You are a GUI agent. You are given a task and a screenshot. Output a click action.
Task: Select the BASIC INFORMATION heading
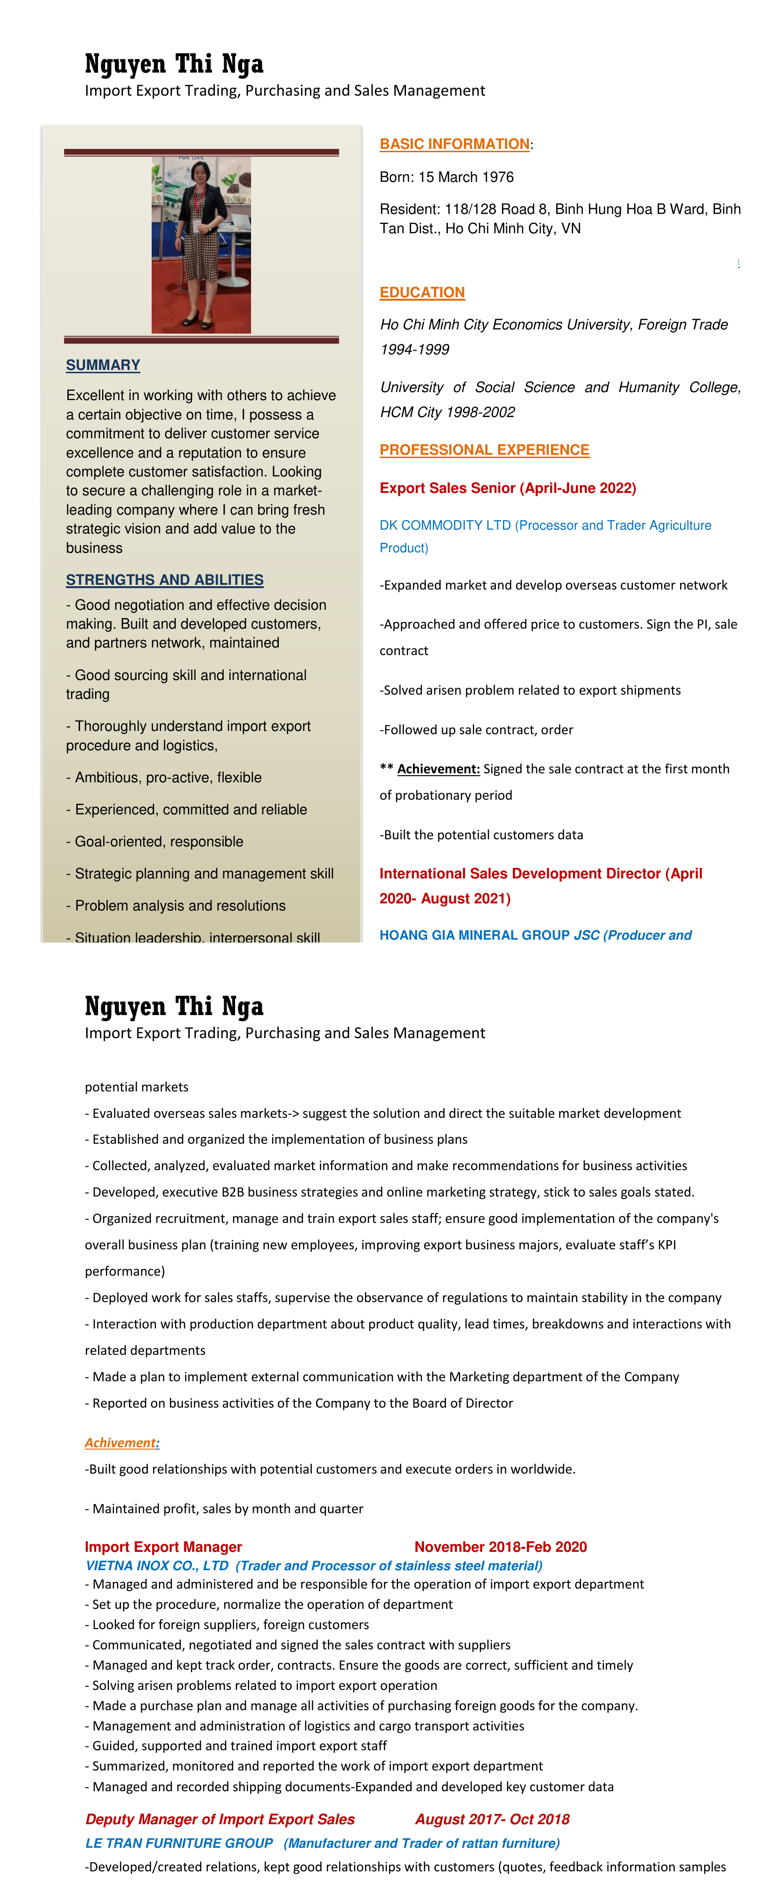tap(454, 144)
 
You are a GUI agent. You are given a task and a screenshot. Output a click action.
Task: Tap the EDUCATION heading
tap(422, 293)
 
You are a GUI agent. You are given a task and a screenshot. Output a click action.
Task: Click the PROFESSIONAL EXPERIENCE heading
tap(484, 450)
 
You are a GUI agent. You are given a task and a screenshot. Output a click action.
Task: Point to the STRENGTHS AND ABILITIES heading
tap(164, 580)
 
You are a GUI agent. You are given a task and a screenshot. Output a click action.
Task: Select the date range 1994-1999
tap(414, 350)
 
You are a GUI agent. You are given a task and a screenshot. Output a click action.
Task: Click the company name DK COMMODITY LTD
tap(445, 525)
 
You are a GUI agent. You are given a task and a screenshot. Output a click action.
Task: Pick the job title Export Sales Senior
tap(451, 488)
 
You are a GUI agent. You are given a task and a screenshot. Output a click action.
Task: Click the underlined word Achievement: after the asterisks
tap(438, 769)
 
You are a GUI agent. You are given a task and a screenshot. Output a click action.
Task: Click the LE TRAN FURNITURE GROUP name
tap(179, 1843)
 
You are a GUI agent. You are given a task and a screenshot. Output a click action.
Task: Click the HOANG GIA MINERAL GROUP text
tap(474, 935)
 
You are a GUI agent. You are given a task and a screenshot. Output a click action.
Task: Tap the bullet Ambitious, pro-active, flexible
tap(168, 777)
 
